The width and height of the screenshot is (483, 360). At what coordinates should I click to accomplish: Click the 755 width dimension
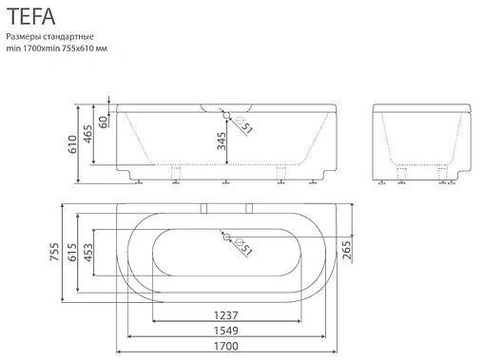point(66,253)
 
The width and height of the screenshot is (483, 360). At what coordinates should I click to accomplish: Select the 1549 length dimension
point(225,331)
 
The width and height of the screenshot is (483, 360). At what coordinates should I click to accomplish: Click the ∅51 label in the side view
point(243,127)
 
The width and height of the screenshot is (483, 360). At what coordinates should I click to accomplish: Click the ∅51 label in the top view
point(243,251)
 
